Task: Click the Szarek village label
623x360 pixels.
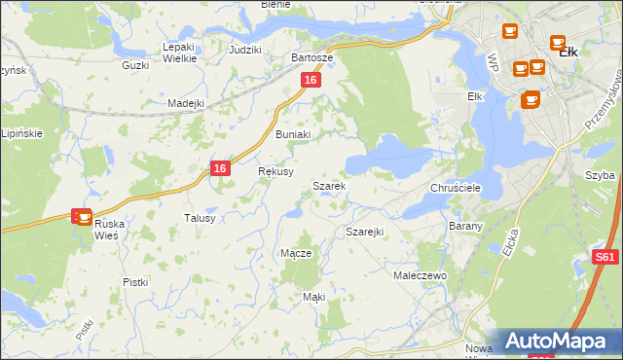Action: [328, 185]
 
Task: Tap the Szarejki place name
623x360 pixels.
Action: [365, 232]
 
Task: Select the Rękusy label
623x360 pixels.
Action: [275, 170]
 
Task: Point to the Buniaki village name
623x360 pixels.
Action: [293, 134]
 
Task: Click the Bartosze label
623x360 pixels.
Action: [312, 57]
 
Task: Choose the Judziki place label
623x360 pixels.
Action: [244, 49]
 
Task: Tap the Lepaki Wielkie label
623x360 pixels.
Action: [180, 52]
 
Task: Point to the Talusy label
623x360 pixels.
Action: [200, 218]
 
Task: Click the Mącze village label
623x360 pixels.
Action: [296, 253]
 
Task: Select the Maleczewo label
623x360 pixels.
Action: [420, 276]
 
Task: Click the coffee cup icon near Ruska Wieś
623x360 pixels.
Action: [85, 217]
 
